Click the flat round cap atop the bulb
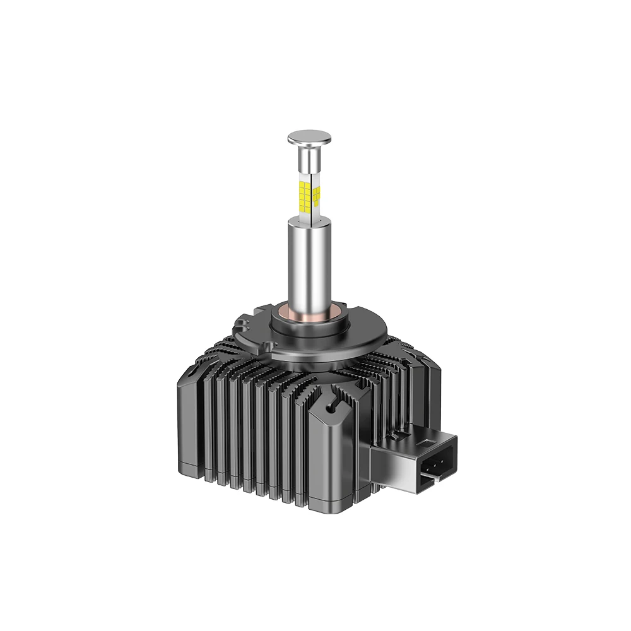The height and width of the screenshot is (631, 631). pyautogui.click(x=309, y=137)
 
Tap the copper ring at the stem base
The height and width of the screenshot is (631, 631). pyautogui.click(x=310, y=315)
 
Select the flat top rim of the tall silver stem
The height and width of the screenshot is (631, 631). pyautogui.click(x=310, y=220)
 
